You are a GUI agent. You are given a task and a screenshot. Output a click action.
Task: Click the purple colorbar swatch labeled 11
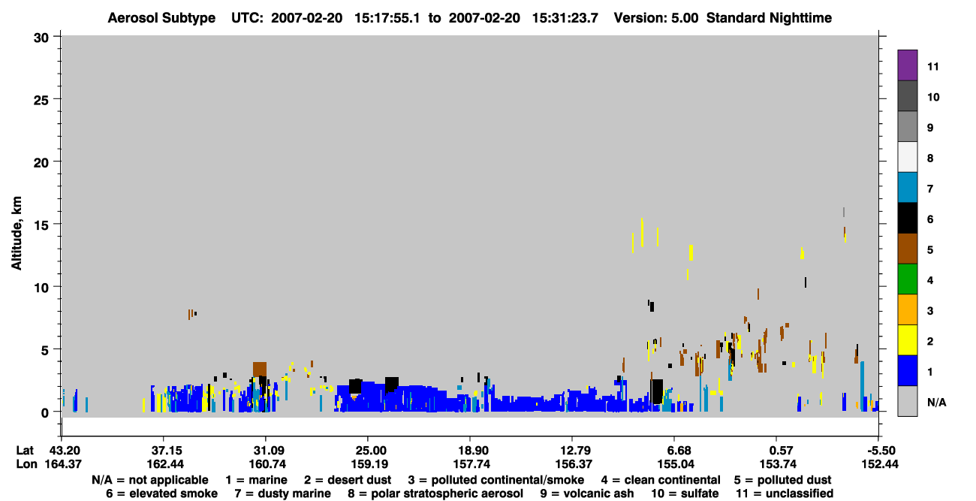(907, 65)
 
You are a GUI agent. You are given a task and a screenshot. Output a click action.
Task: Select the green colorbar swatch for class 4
(907, 279)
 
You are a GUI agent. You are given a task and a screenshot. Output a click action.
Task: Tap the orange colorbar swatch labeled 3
(907, 309)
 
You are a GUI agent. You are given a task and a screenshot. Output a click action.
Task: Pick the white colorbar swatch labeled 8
(907, 157)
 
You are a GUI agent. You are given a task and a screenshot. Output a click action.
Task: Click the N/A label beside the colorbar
(937, 402)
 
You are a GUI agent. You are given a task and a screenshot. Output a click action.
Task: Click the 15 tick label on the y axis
(41, 225)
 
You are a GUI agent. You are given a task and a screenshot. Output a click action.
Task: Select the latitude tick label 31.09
(267, 451)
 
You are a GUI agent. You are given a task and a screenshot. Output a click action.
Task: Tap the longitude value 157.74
(471, 464)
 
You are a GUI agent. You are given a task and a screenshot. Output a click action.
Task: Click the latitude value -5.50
(881, 451)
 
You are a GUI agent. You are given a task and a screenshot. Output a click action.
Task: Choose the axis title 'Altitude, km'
(17, 234)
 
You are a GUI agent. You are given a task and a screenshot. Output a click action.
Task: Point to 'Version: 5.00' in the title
(655, 18)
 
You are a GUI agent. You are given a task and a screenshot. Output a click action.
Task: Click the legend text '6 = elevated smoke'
(161, 493)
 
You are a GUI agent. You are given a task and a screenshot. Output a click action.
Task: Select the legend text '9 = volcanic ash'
(587, 493)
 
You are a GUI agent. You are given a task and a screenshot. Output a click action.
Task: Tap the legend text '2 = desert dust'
(348, 480)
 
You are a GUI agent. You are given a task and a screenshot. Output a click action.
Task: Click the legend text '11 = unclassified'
(785, 493)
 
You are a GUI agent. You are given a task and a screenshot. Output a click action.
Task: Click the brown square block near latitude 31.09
(260, 370)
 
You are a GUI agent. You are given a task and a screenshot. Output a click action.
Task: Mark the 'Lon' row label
(26, 464)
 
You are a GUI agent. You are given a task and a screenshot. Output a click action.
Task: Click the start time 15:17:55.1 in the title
(387, 18)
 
